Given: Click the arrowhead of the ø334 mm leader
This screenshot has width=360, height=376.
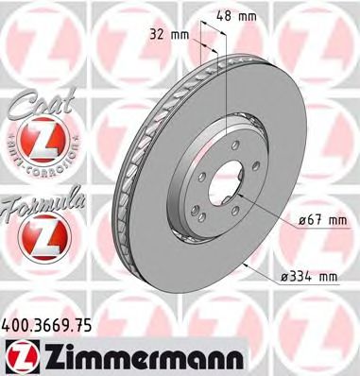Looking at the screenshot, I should click(247, 265).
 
